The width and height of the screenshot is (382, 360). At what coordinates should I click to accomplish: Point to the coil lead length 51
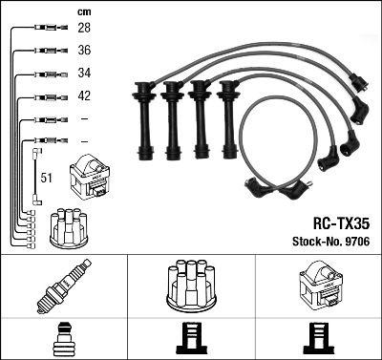[x=46, y=178]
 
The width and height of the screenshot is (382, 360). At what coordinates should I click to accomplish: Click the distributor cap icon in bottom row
[x=191, y=284]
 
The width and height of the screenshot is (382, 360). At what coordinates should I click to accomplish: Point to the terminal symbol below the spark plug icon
[x=63, y=340]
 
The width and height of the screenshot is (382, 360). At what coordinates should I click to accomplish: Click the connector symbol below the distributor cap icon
[x=191, y=340]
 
